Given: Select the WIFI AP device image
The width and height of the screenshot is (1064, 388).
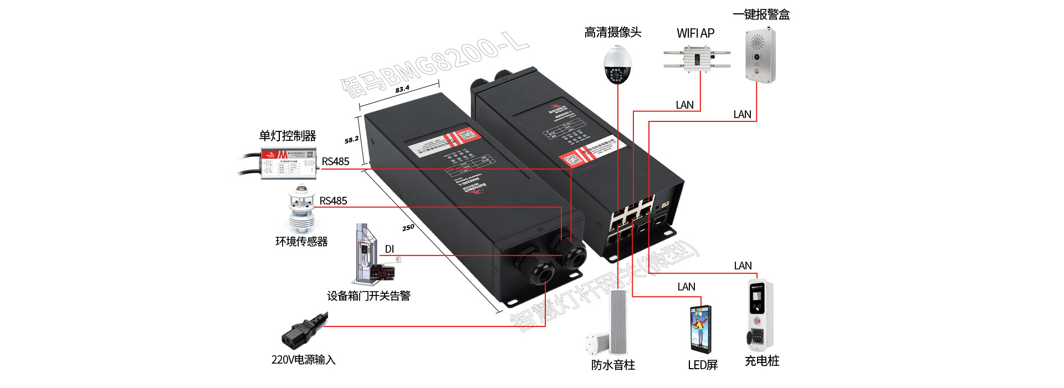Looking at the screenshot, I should click(x=697, y=59).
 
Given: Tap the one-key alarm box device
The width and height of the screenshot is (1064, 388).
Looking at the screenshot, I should click(x=760, y=55).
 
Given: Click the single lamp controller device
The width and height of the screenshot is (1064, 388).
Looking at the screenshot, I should click(x=289, y=164).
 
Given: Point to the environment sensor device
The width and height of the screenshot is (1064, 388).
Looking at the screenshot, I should click(x=301, y=210).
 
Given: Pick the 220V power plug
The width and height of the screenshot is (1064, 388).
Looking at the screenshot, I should click(x=304, y=329).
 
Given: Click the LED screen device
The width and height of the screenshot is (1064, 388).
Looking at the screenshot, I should click(x=701, y=329).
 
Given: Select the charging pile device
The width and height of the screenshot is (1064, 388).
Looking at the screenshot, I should click(x=760, y=316).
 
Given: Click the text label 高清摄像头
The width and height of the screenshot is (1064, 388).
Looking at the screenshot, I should click(x=612, y=33).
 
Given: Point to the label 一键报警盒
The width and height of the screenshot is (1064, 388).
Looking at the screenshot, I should click(x=761, y=14).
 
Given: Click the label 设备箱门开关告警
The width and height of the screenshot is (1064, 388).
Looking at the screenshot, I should click(x=369, y=296).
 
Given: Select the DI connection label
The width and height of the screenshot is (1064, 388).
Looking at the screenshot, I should click(x=390, y=249).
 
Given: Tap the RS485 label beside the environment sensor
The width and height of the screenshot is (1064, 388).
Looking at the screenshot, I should click(x=333, y=201).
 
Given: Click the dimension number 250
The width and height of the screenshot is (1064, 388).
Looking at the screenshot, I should click(x=408, y=227).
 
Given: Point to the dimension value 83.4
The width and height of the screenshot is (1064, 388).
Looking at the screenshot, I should click(x=402, y=89).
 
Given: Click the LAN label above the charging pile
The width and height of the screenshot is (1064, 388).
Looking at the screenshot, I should click(x=743, y=266).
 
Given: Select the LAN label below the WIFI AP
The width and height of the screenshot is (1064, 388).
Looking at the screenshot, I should click(x=684, y=105).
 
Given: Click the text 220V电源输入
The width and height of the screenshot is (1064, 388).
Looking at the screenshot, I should click(x=303, y=360).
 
